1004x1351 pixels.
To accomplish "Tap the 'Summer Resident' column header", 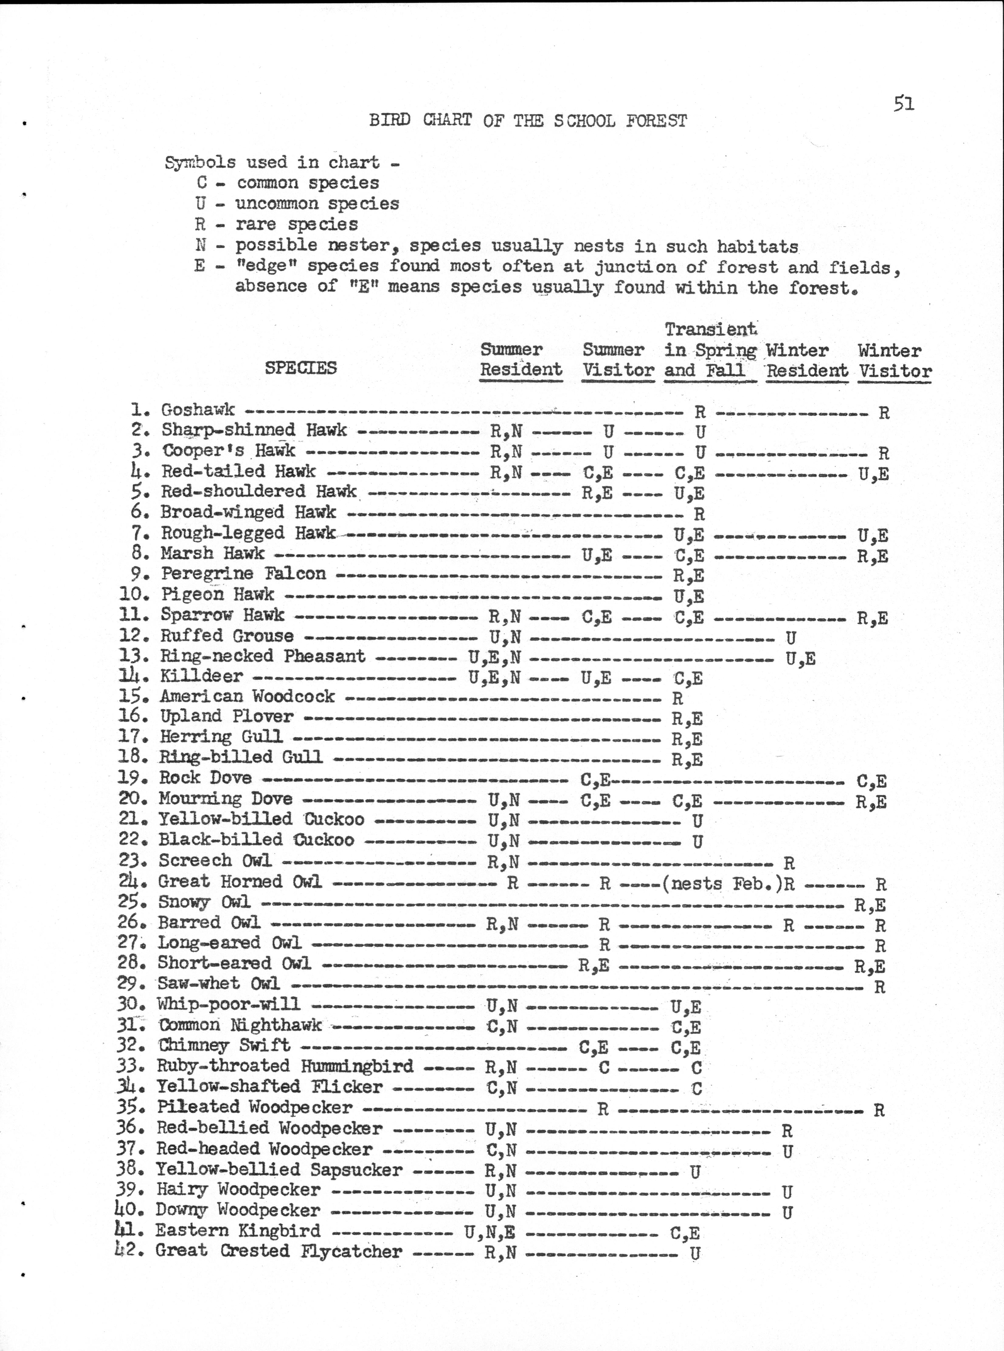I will (x=521, y=360).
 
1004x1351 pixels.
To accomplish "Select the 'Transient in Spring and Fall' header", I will (x=710, y=350).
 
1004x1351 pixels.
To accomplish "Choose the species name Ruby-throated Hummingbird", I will (x=284, y=1066).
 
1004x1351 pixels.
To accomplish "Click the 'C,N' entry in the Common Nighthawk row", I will (x=502, y=1026).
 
